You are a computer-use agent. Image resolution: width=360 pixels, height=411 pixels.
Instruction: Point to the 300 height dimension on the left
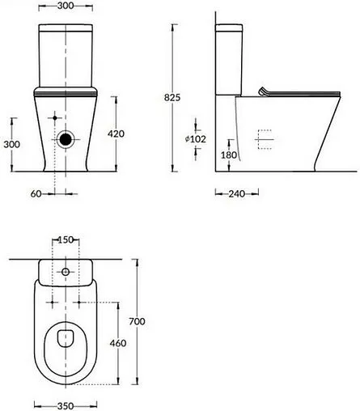(x=11, y=143)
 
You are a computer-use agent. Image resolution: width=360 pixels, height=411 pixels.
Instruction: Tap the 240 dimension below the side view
(x=236, y=194)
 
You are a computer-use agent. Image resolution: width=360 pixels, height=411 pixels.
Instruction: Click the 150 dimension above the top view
(x=66, y=240)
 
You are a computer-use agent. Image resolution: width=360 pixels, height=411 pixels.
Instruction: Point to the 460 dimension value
(x=116, y=344)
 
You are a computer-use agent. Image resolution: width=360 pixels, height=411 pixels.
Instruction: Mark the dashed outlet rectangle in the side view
(x=265, y=141)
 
